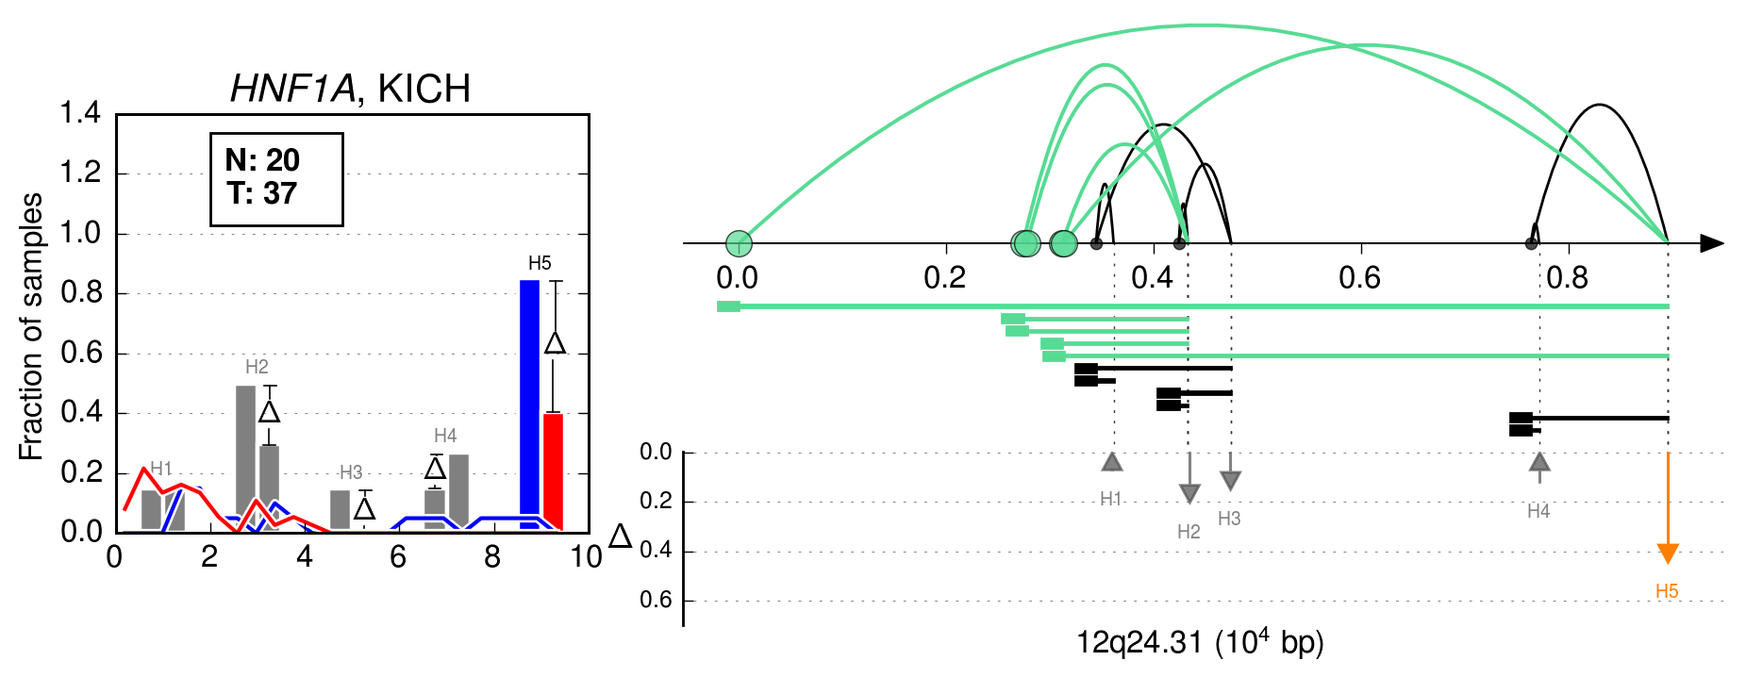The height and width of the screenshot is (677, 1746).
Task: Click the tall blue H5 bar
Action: [529, 405]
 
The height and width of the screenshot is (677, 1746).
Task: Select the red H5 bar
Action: [553, 472]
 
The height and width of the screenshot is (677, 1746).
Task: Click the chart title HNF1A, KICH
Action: [351, 89]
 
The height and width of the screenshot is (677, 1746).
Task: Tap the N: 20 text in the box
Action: [262, 160]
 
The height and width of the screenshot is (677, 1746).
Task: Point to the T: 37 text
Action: [262, 193]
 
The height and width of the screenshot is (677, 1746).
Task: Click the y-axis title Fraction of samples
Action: [31, 327]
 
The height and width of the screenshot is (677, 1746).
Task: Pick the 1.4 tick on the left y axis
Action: [80, 113]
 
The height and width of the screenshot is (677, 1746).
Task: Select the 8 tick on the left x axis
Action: [492, 557]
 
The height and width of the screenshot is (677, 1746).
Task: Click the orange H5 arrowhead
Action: [1668, 553]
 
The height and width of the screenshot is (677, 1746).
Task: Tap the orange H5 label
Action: [1667, 591]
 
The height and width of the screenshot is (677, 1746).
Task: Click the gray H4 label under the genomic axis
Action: [1538, 511]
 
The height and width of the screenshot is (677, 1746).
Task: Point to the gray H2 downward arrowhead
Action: [1189, 494]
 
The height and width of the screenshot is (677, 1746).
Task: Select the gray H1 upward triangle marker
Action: [1112, 461]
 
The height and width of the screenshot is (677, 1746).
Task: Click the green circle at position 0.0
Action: [739, 243]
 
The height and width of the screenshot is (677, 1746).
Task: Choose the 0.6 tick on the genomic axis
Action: [1359, 277]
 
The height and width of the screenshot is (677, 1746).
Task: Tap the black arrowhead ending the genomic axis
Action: [1712, 243]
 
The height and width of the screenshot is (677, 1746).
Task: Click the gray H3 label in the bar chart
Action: [351, 472]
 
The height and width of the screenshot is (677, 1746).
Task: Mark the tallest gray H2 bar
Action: [245, 458]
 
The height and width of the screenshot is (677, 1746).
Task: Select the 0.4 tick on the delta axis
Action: [657, 551]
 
